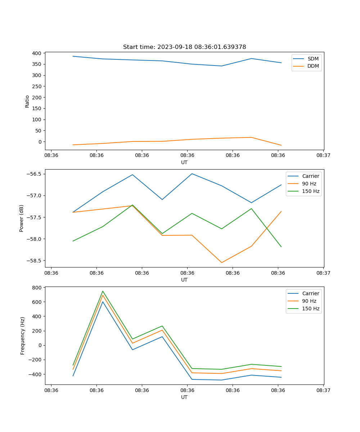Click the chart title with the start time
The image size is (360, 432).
[x=184, y=47]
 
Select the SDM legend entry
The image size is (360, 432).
[x=313, y=59]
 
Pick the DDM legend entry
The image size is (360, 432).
[x=313, y=66]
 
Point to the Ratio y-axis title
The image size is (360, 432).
[x=27, y=101]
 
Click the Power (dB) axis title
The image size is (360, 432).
[x=22, y=218]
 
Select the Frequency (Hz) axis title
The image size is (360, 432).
[x=23, y=336]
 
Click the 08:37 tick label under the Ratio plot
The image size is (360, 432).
[x=323, y=156]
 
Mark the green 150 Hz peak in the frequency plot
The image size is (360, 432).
[x=103, y=291]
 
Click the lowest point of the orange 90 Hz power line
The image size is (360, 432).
[x=222, y=262]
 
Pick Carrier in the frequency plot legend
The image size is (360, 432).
[x=311, y=293]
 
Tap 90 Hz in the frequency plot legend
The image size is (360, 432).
[x=309, y=301]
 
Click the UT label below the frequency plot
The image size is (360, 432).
[x=184, y=397]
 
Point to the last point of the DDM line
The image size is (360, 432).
[x=281, y=145]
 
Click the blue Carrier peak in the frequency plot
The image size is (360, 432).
[x=103, y=302]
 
